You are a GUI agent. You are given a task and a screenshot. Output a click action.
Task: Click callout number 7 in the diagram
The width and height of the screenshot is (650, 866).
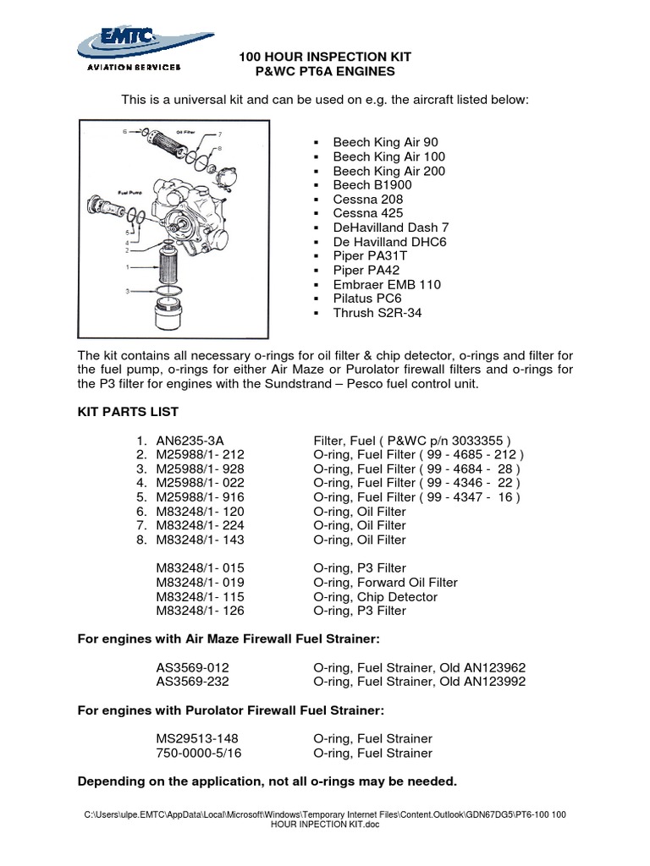click(219, 134)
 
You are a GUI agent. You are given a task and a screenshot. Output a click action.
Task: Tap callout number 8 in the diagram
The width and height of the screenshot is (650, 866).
click(219, 148)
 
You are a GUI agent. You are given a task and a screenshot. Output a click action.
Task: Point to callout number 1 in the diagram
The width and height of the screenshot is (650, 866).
click(128, 266)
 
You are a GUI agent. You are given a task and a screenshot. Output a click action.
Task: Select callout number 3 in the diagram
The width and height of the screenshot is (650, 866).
click(128, 291)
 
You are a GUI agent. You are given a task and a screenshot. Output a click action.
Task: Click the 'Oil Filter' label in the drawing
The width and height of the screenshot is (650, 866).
click(186, 132)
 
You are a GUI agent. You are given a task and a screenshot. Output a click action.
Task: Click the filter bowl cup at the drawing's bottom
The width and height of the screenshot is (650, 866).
click(174, 317)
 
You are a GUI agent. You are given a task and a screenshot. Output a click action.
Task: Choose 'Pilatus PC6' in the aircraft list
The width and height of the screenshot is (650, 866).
click(367, 299)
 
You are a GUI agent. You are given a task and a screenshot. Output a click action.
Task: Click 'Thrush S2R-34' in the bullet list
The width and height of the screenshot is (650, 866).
click(377, 313)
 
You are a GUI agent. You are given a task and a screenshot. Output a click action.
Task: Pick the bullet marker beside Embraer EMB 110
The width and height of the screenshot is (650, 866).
click(316, 285)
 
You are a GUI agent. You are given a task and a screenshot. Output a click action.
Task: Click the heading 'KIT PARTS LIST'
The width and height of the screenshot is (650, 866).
click(128, 412)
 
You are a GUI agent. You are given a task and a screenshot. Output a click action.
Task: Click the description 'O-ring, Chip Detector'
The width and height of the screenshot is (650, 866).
click(375, 596)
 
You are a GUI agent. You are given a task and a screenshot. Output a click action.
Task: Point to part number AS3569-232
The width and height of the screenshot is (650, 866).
click(192, 681)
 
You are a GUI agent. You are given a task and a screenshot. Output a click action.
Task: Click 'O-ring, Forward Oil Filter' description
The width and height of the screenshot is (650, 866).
click(385, 582)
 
